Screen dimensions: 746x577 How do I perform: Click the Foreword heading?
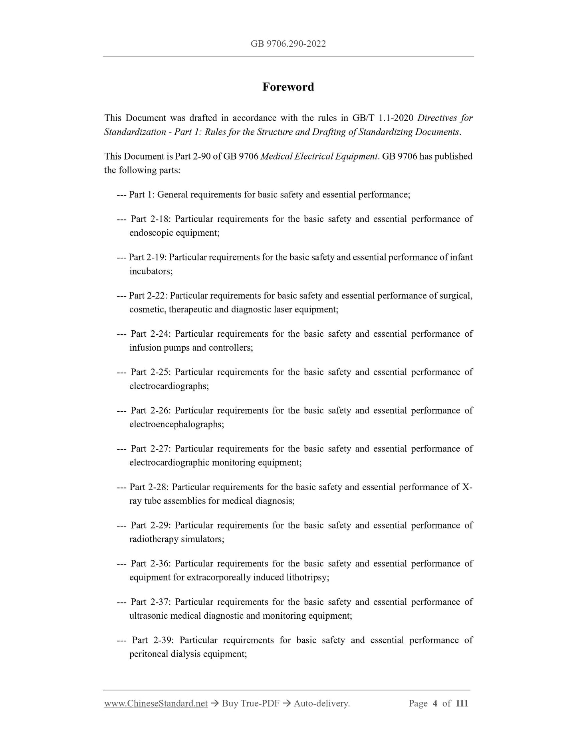pyautogui.click(x=288, y=87)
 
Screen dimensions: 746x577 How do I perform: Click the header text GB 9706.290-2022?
pyautogui.click(x=288, y=44)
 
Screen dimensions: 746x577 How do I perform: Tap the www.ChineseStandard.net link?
pyautogui.click(x=156, y=703)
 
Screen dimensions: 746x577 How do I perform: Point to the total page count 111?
pyautogui.click(x=462, y=703)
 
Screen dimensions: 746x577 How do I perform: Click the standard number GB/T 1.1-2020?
pyautogui.click(x=383, y=118)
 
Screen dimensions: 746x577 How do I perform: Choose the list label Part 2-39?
pyautogui.click(x=152, y=640)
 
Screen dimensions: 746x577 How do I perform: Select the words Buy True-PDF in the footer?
pyautogui.click(x=250, y=703)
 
